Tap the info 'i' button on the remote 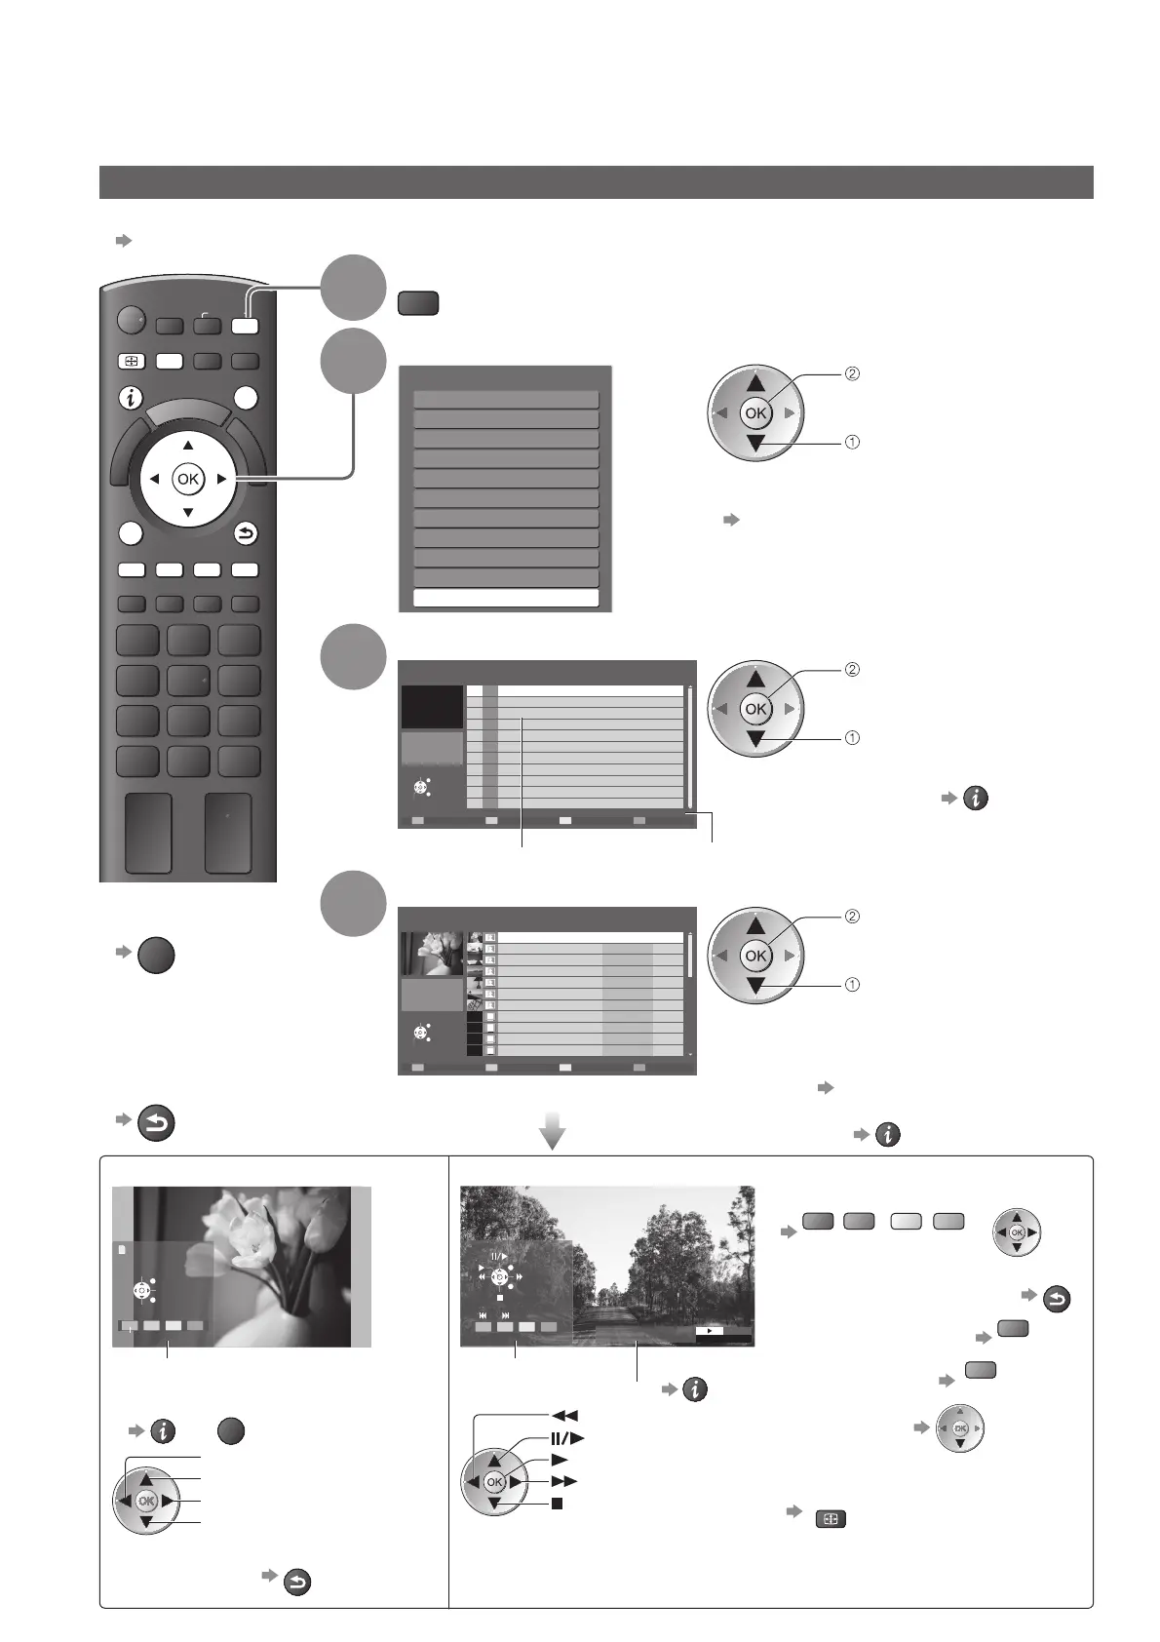point(130,398)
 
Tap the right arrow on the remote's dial point(221,479)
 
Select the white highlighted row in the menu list point(506,598)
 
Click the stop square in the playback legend point(558,1504)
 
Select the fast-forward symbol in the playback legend point(565,1481)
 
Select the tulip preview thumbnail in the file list point(432,955)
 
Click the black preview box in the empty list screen point(432,706)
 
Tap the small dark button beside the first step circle point(417,303)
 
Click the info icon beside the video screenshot point(694,1389)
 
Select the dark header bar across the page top point(596,182)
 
